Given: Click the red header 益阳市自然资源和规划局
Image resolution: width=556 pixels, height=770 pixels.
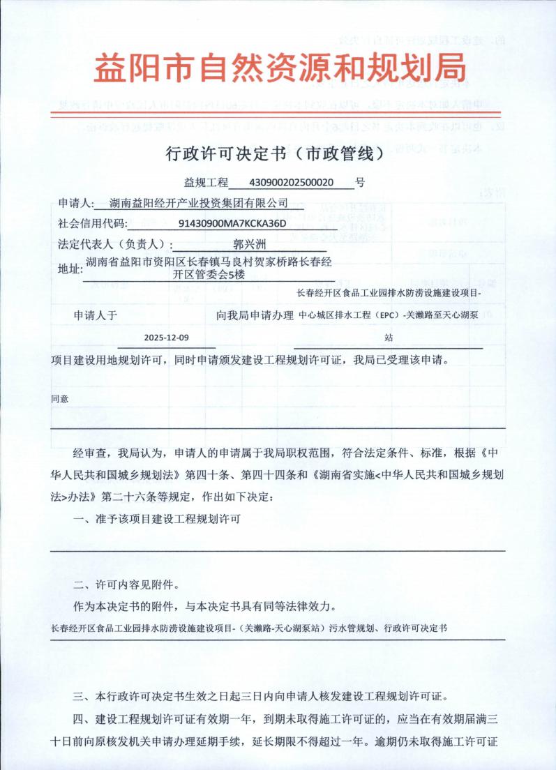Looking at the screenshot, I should coord(279,69).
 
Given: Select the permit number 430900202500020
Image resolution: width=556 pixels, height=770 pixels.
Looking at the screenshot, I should coord(292,183).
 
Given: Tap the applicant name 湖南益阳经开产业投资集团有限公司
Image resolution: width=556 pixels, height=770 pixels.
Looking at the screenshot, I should coord(199,203).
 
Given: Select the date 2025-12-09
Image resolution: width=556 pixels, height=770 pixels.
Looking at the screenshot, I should coord(166,337).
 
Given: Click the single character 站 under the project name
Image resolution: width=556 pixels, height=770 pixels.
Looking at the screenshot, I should coord(388,337).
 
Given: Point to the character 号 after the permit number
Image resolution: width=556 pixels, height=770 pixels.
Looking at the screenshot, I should coord(360,183).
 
